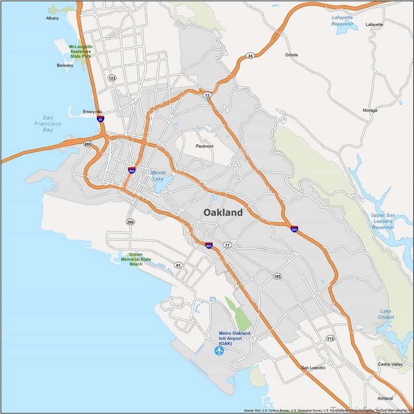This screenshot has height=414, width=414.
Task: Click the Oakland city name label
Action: pyautogui.click(x=223, y=212)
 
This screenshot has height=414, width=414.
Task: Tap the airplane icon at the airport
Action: pyautogui.click(x=219, y=351)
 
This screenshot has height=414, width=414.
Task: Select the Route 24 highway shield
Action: pyautogui.click(x=250, y=55)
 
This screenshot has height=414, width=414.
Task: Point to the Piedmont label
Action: pyautogui.click(x=204, y=146)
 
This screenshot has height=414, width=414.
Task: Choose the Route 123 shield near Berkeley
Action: pyautogui.click(x=112, y=78)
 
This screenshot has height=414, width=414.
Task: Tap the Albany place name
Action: pyautogui.click(x=52, y=18)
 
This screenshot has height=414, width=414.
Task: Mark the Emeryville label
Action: pyautogui.click(x=93, y=111)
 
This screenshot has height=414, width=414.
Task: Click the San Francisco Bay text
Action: pyautogui.click(x=52, y=124)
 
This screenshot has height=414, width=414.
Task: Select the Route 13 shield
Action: pyautogui.click(x=207, y=95)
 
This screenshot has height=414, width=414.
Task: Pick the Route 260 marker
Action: pyautogui.click(x=130, y=222)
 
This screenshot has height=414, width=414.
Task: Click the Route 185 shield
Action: pyautogui.click(x=277, y=277)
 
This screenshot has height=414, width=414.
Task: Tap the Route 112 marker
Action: pyautogui.click(x=330, y=338)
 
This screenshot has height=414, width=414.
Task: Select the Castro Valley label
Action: pyautogui.click(x=390, y=364)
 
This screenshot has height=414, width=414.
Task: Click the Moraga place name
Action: pyautogui.click(x=370, y=110)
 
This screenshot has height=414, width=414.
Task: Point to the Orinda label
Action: pyautogui.click(x=292, y=54)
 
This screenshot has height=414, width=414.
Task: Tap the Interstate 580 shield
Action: pyautogui.click(x=294, y=229)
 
